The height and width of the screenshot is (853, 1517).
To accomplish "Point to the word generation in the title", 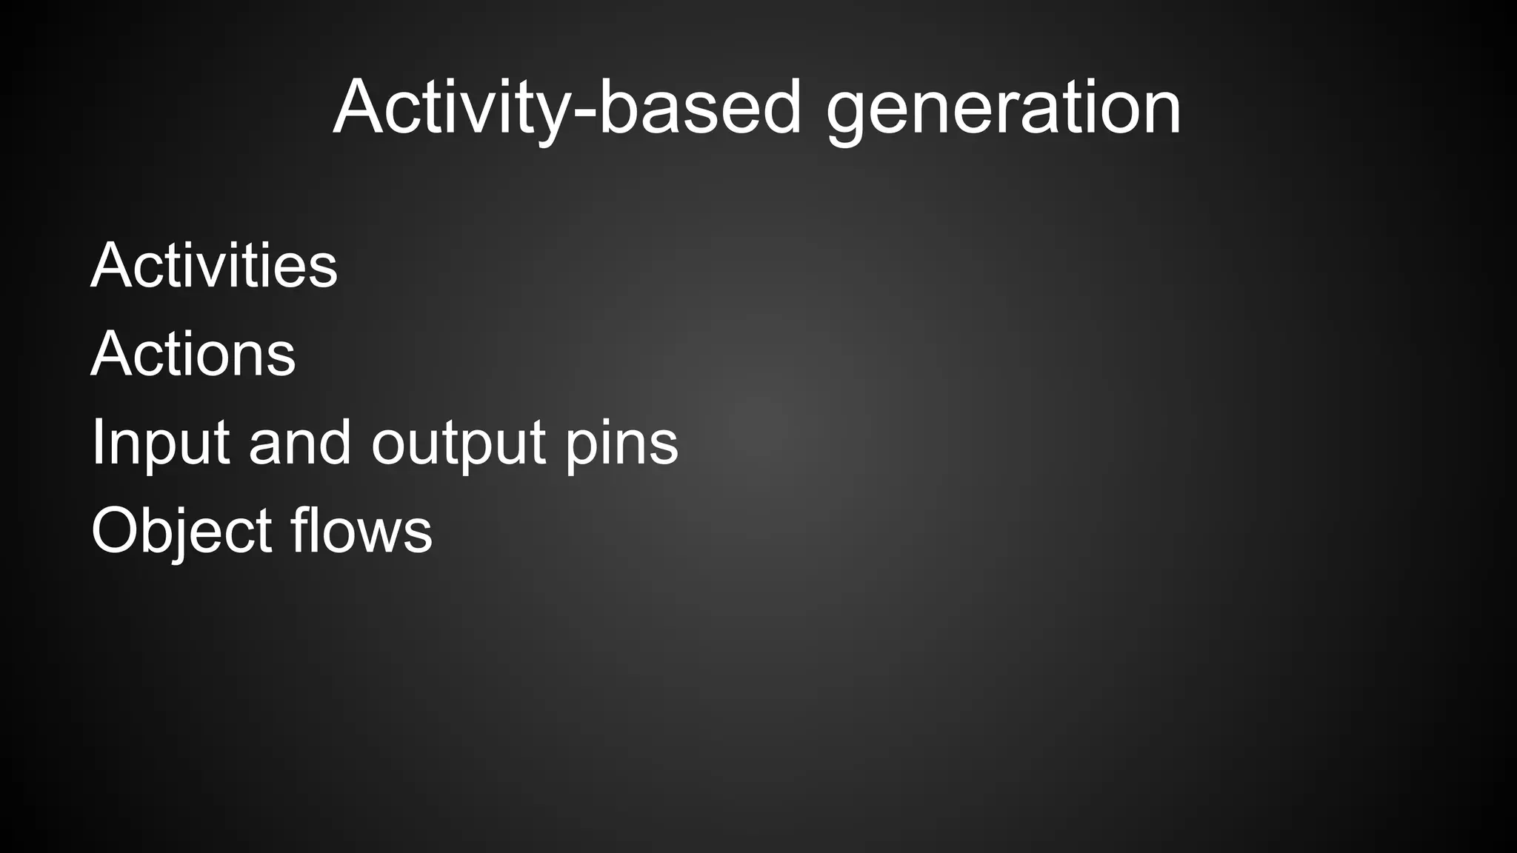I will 1003,108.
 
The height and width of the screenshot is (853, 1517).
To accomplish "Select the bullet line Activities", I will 214,265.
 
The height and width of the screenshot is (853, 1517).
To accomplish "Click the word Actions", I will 193,353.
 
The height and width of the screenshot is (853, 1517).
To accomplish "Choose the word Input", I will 160,443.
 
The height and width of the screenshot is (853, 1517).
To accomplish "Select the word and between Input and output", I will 299,443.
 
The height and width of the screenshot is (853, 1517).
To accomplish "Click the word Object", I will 181,531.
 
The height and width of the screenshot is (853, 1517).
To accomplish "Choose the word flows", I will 361,530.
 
